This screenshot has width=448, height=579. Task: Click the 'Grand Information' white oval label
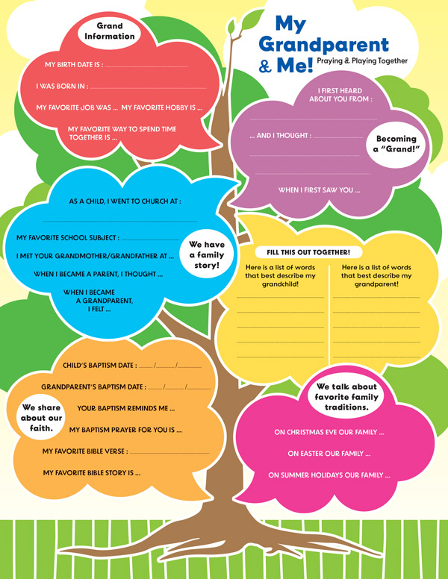tap(110, 31)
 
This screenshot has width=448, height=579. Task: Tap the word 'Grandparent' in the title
tap(324, 45)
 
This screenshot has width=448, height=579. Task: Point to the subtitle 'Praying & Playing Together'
tap(362, 61)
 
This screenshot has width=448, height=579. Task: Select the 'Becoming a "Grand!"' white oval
tap(396, 145)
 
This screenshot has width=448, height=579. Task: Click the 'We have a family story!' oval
tap(207, 254)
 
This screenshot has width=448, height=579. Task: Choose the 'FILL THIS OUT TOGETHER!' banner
tap(308, 252)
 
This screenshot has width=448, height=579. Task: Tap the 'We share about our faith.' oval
tap(41, 418)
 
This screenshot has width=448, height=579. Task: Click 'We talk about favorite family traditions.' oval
tap(346, 397)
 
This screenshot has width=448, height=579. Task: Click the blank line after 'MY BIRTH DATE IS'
tap(146, 67)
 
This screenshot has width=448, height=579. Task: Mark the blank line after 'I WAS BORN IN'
tap(149, 88)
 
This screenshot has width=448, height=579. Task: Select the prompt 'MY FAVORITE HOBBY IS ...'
tap(162, 107)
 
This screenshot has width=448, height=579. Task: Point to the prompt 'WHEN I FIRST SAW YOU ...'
tap(319, 190)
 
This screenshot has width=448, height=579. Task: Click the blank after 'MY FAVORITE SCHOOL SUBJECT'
tap(150, 240)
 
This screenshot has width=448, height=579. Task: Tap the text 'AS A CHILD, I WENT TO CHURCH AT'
tap(125, 201)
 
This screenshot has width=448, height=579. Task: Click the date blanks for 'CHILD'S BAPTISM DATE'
tap(170, 366)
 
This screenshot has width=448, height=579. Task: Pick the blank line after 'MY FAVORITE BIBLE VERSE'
tap(169, 453)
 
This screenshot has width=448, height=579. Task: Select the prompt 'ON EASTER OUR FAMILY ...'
tap(329, 454)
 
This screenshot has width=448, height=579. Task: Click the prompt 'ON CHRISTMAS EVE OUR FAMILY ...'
tap(329, 432)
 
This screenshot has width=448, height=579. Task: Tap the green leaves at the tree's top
tap(245, 22)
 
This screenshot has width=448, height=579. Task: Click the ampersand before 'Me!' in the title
tap(265, 66)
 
